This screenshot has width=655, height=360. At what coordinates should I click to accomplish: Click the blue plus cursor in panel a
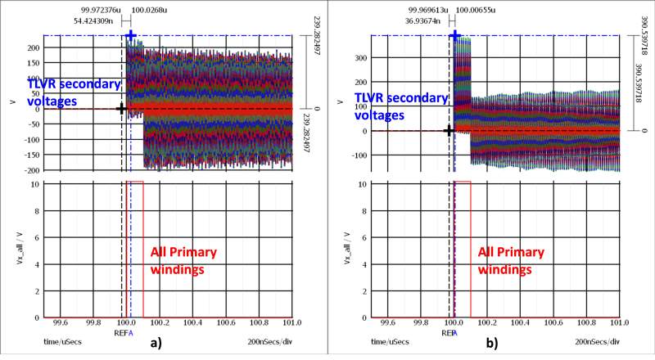click(131, 36)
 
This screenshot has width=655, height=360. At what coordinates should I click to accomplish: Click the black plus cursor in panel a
click(122, 108)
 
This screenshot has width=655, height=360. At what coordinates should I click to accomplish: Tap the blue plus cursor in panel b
click(455, 36)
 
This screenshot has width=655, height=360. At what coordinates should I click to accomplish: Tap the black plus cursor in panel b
click(449, 131)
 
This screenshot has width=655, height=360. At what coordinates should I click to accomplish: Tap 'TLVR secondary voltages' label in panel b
click(400, 106)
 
